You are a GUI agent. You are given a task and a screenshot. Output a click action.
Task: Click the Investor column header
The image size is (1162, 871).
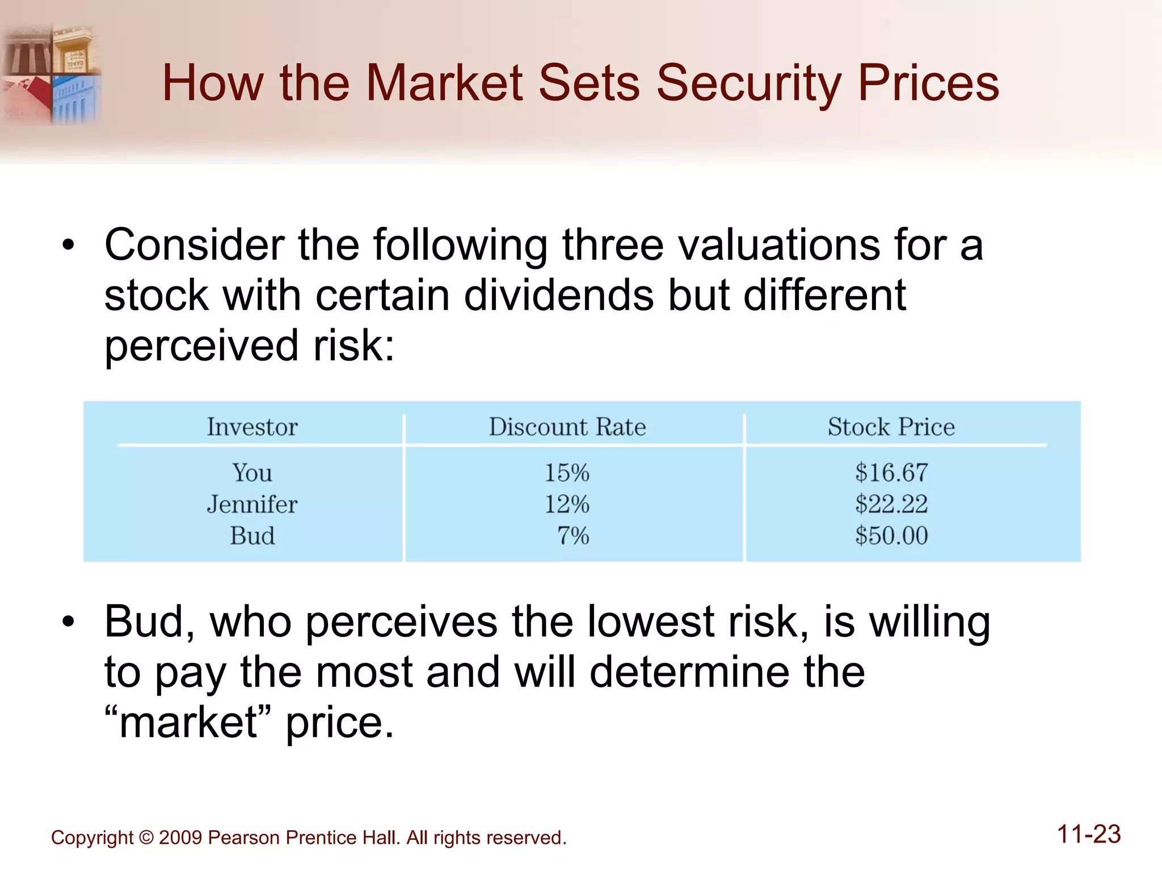[x=252, y=427]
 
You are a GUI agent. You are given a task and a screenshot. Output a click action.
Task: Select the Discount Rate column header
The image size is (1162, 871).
[x=567, y=427]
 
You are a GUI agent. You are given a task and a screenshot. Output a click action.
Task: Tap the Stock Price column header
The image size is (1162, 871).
[x=891, y=427]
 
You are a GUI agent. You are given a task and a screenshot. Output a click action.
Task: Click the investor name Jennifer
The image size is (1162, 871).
[x=252, y=504]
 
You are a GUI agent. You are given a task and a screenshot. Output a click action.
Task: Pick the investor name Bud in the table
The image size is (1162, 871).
[x=252, y=536]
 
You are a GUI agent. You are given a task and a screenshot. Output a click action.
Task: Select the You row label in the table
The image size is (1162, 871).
[x=252, y=473]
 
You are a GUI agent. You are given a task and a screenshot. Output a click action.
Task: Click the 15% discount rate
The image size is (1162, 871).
[x=567, y=473]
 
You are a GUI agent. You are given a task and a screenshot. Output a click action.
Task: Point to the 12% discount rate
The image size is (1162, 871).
[x=567, y=504]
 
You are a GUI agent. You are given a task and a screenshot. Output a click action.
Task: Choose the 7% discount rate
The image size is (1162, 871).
[x=573, y=536]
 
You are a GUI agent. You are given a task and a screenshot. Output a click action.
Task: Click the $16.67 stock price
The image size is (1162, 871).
[x=891, y=473]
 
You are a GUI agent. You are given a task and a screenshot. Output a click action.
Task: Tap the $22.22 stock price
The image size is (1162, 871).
[x=891, y=504]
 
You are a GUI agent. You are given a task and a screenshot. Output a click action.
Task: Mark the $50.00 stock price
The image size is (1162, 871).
[x=891, y=536]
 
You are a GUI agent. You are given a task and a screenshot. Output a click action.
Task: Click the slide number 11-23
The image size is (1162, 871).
[x=1088, y=834]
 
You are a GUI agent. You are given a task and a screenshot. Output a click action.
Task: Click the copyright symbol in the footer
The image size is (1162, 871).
[x=146, y=838]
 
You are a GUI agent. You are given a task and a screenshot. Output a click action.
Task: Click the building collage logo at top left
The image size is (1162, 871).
[x=51, y=74]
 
